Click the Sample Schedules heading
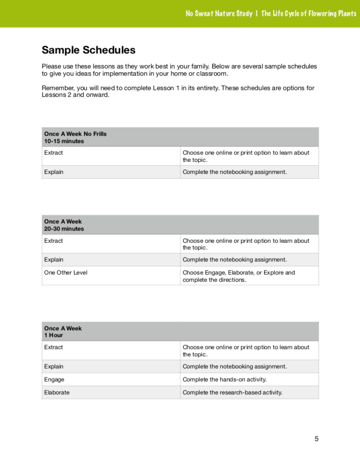click(89, 50)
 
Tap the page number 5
click(316, 439)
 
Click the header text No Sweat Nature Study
click(219, 13)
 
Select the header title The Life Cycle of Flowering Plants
click(309, 13)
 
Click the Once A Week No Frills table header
click(76, 134)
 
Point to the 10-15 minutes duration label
click(64, 141)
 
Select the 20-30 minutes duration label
click(64, 229)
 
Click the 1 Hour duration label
click(53, 335)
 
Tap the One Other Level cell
click(66, 273)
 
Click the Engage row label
click(54, 379)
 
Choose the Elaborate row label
click(57, 392)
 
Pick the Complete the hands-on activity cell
click(225, 379)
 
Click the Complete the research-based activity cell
click(232, 392)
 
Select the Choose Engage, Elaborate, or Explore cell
click(239, 276)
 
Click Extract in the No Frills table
click(53, 153)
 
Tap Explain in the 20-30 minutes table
click(54, 260)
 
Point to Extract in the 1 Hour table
click(53, 347)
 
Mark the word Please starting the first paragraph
click(51, 66)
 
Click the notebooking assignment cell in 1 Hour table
click(234, 366)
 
